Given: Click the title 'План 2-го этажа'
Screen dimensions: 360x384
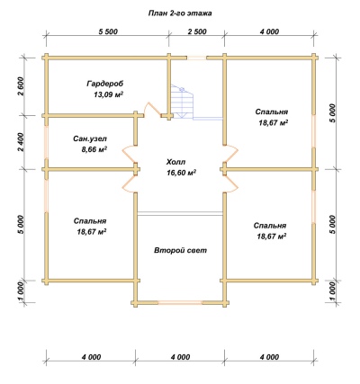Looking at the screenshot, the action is (180, 13).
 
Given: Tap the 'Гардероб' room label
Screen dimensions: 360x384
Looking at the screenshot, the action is (105, 84).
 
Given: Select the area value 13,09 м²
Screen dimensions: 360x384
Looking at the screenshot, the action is (109, 94).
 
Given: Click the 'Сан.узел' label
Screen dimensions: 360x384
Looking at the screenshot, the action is (90, 138).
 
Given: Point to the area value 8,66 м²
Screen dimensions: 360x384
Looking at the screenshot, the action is (94, 149).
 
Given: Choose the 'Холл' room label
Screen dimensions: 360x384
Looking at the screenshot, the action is (176, 162).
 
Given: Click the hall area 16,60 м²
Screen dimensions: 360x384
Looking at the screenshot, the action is (182, 173).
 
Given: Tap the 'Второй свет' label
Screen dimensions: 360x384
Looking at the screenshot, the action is (181, 250).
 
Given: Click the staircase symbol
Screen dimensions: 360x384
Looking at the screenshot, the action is (182, 102).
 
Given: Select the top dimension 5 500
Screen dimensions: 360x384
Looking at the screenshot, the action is (108, 31).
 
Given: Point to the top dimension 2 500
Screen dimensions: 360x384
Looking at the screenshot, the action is (197, 31).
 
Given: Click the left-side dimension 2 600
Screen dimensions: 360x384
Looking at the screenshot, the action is (21, 86).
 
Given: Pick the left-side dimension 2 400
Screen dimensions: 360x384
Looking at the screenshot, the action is (21, 142).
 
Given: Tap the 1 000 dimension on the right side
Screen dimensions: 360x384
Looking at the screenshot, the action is (332, 291).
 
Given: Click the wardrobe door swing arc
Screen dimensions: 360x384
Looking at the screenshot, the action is (148, 109).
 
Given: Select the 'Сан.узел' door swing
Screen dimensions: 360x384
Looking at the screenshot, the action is (128, 154).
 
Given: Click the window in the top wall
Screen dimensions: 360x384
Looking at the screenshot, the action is (197, 58).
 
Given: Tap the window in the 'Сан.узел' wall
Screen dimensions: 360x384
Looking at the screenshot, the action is (46, 142).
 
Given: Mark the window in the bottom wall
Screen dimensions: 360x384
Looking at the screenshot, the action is (180, 302).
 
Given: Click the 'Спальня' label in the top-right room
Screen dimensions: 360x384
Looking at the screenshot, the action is (272, 112).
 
